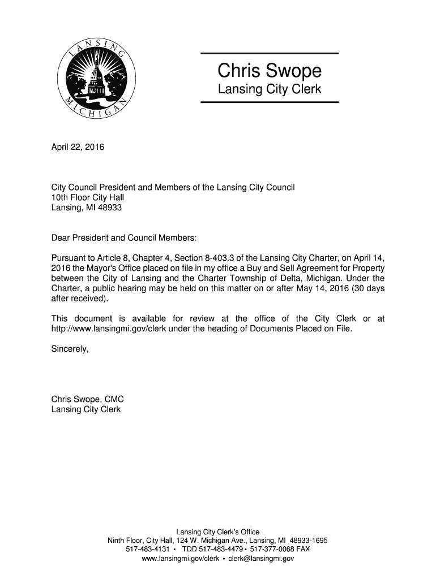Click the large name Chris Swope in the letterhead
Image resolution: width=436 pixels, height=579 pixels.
coord(270,71)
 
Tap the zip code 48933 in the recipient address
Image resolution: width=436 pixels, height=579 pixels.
coord(110,208)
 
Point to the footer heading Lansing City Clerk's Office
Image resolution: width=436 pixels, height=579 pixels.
coord(218,532)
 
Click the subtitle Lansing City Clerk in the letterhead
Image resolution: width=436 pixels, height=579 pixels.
coord(270,89)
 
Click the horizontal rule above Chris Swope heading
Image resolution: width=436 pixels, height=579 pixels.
coord(270,54)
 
